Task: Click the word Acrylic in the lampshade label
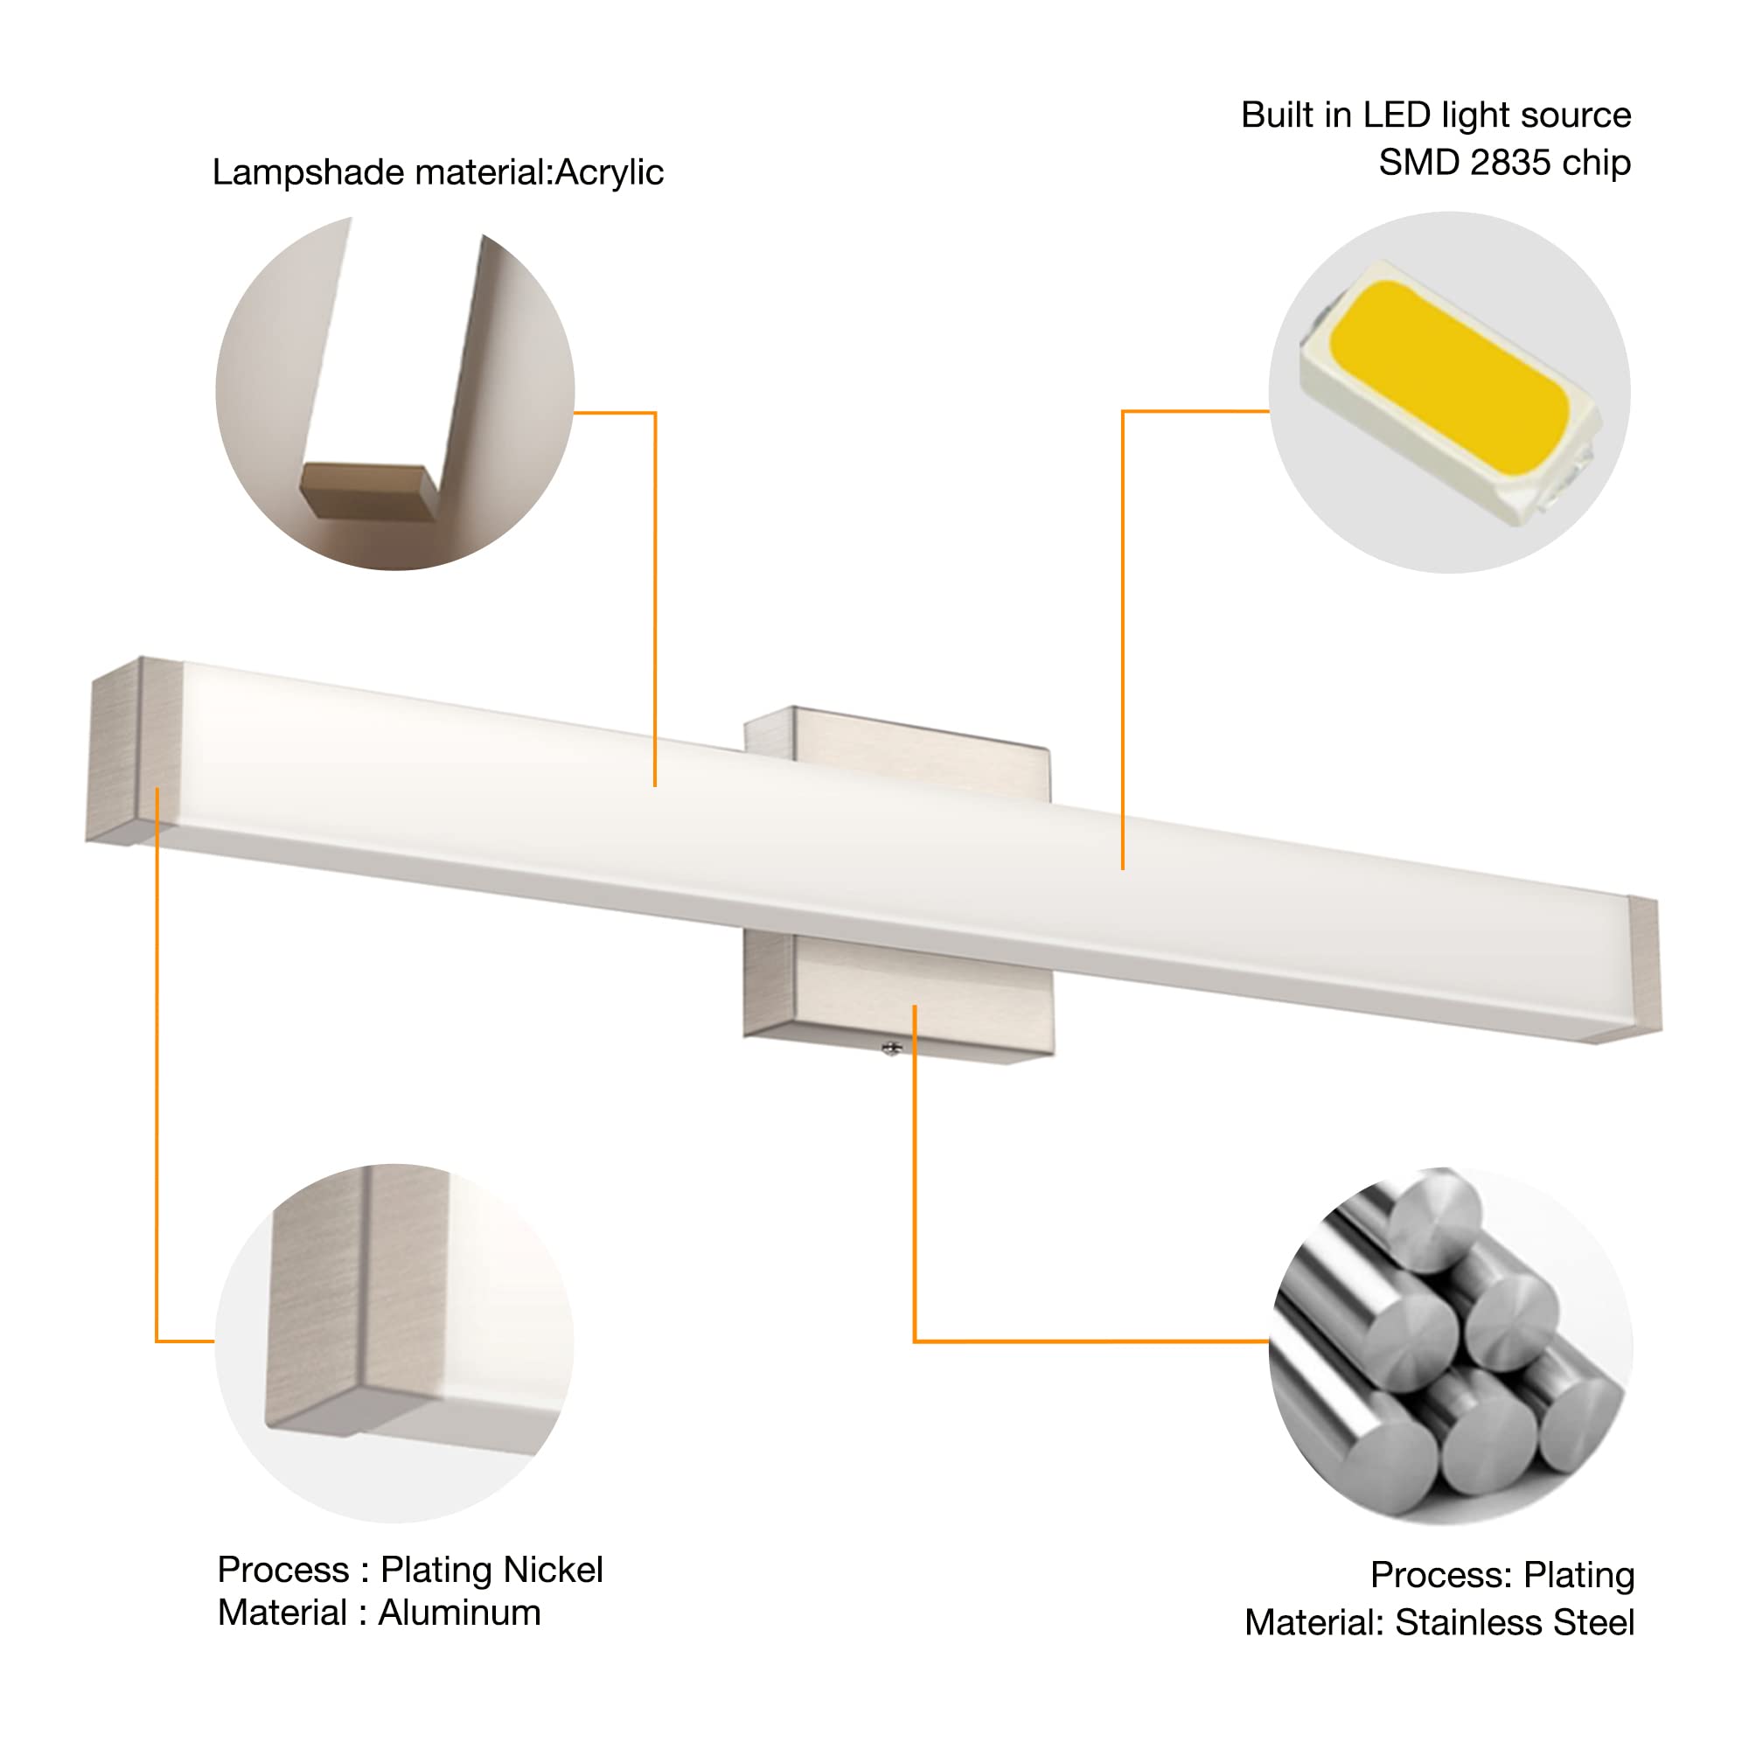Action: (609, 173)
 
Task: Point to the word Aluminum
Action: (459, 1613)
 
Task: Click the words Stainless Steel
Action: (1514, 1622)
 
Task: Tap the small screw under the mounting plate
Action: (892, 1049)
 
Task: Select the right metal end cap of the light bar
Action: (1645, 964)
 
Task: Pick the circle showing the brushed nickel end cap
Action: (394, 1343)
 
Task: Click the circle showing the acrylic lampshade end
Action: (394, 393)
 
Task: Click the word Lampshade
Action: (308, 173)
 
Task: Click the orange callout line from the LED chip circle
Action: (1123, 634)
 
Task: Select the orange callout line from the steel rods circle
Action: (1086, 1341)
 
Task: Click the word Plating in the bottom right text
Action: (1578, 1575)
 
